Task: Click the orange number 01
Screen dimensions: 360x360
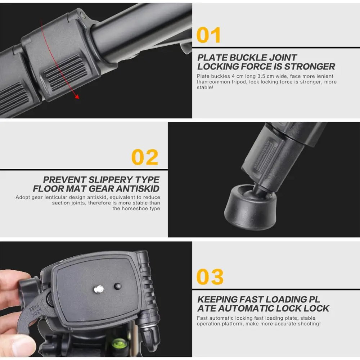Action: pos(208,35)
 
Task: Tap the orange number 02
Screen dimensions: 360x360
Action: pos(145,157)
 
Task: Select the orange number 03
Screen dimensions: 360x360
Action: pos(210,277)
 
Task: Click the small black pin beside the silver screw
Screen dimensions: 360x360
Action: pos(117,287)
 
